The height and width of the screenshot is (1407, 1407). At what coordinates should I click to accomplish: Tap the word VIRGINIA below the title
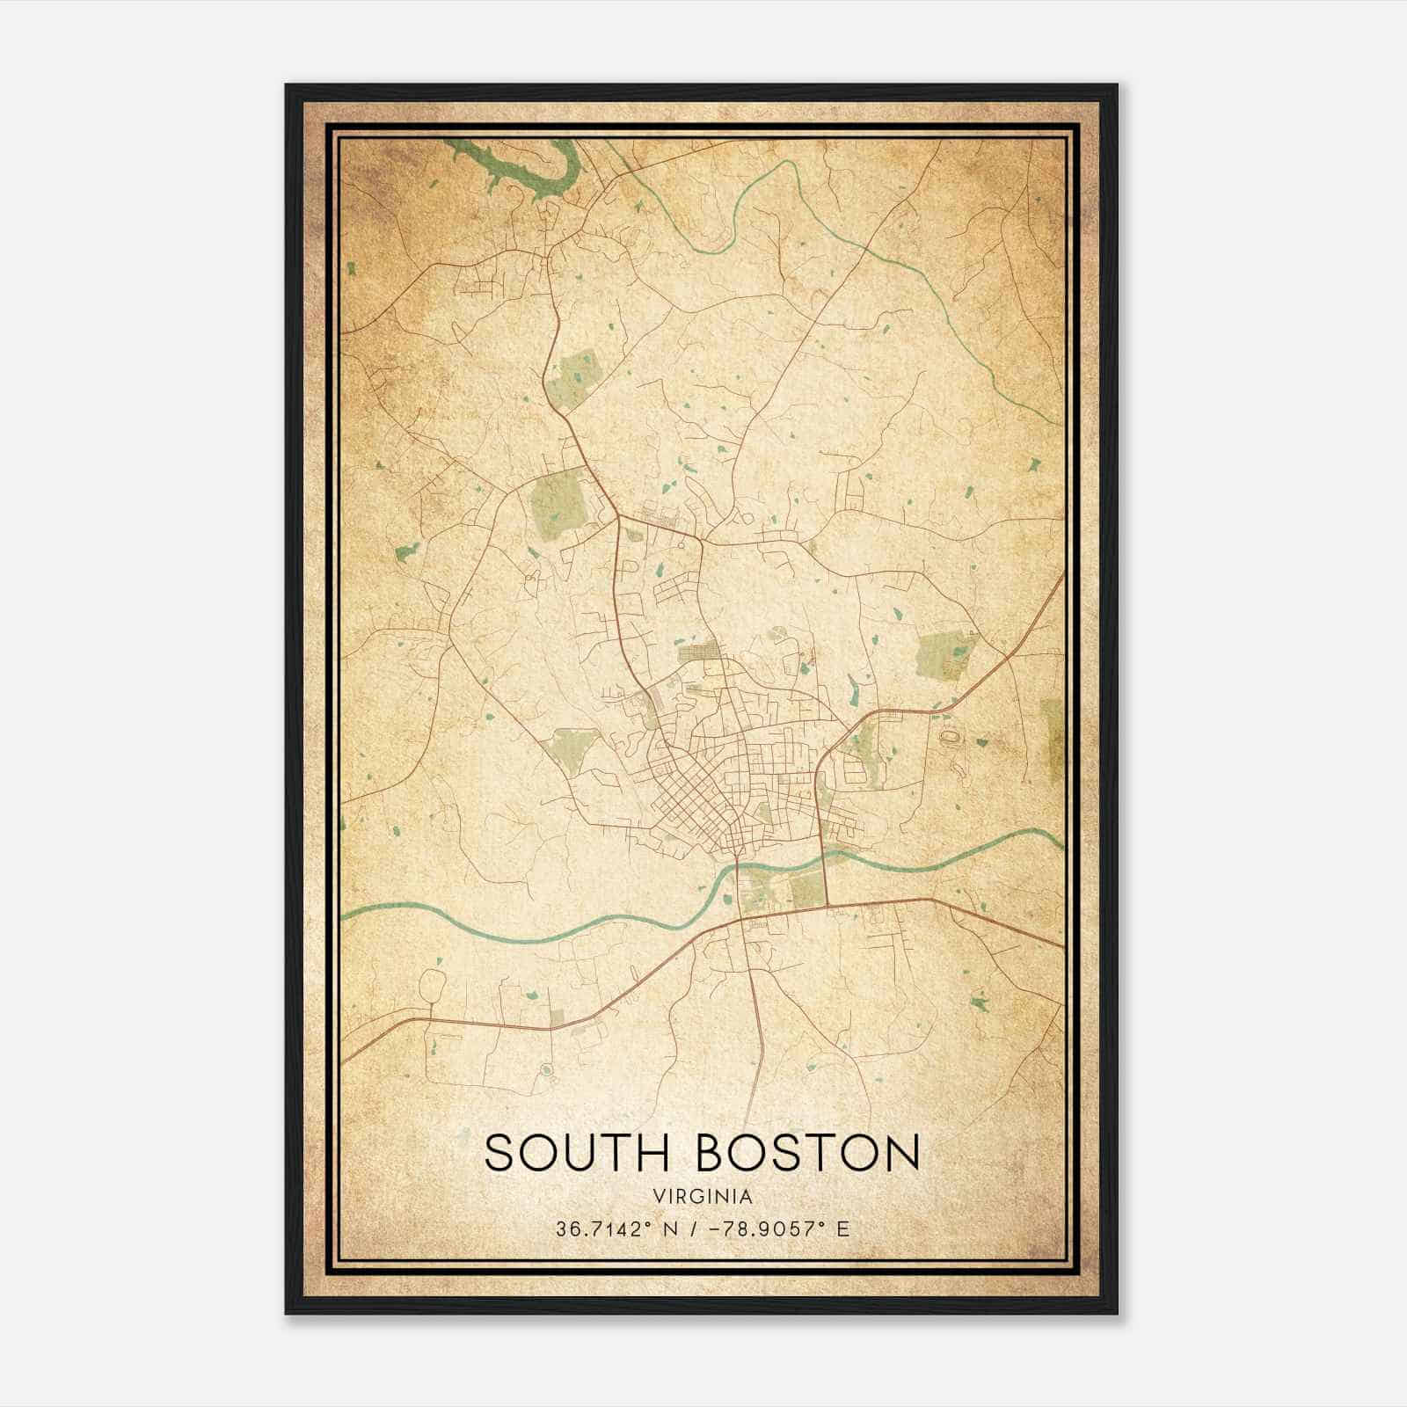coord(703,1197)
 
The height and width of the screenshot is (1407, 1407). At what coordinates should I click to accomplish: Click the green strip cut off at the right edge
coord(1053,739)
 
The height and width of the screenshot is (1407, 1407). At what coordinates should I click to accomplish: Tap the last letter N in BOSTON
coord(899,1153)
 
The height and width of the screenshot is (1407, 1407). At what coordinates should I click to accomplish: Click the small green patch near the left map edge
coord(406,552)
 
